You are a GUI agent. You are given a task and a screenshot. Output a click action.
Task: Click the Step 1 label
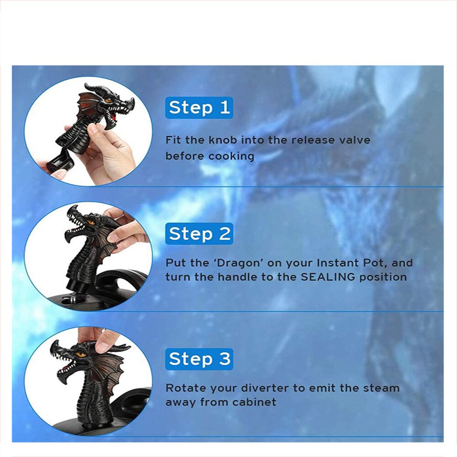point(199,107)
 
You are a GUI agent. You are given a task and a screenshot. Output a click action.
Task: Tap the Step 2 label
point(199,234)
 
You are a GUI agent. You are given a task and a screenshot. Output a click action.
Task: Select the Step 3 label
point(199,359)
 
